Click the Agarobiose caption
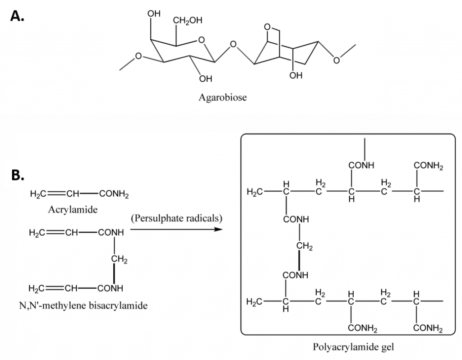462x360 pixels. (x=223, y=97)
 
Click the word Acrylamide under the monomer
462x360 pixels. (x=72, y=210)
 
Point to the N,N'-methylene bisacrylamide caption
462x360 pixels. (x=84, y=306)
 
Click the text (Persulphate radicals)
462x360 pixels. (x=176, y=219)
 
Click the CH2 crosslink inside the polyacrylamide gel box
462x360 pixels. (x=305, y=247)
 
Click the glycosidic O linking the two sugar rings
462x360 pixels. (x=233, y=45)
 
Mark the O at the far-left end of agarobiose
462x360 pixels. (x=139, y=57)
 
